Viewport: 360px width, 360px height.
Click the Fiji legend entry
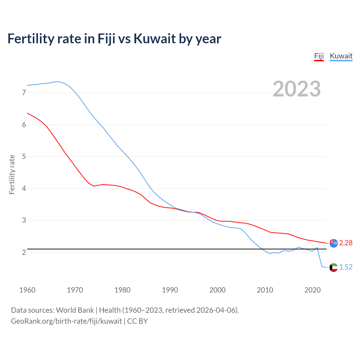319,56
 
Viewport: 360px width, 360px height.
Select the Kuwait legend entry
341,56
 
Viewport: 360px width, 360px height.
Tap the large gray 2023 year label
297,89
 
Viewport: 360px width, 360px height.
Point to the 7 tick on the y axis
24,93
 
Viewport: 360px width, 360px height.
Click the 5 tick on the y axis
24,156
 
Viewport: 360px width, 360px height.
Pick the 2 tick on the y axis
24,252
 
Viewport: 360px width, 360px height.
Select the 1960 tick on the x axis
27,290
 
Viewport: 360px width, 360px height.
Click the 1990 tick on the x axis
170,290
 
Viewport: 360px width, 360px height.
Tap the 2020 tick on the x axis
312,290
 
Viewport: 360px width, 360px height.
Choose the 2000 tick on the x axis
217,290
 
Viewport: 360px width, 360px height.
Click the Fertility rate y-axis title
12,174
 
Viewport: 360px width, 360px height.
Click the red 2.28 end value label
346,243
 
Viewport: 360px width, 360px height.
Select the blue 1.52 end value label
346,267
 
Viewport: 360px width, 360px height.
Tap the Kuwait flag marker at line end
334,267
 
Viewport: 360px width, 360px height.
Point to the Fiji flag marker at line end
334,243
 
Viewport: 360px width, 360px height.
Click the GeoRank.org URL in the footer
66,321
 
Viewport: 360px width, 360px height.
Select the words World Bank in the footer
75,310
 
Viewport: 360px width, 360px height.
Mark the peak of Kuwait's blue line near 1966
56,82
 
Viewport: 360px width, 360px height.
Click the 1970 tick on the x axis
75,290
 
